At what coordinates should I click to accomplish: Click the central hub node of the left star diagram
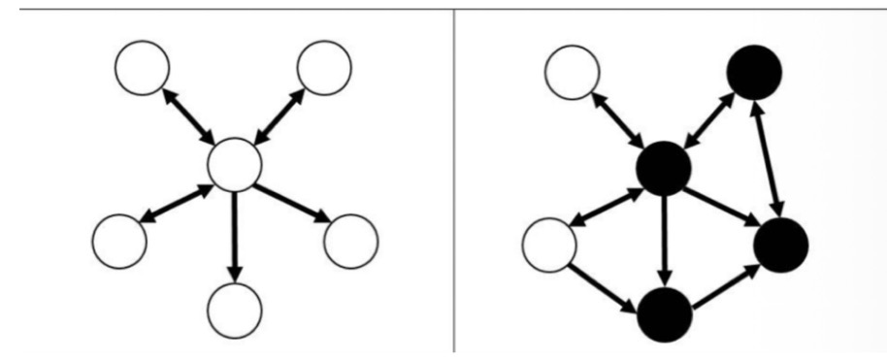click(235, 163)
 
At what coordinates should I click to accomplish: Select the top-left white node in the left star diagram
click(142, 68)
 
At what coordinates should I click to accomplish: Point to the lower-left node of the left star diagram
click(121, 236)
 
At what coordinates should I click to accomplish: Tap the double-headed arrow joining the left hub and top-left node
click(188, 115)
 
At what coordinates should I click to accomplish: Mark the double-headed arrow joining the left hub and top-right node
click(279, 116)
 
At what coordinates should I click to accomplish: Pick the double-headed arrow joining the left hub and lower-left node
click(178, 200)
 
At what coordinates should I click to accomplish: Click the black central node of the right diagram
click(663, 167)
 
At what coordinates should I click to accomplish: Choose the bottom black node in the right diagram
click(664, 311)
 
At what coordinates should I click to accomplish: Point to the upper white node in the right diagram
click(573, 73)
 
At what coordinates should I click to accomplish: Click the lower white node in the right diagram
click(549, 244)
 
